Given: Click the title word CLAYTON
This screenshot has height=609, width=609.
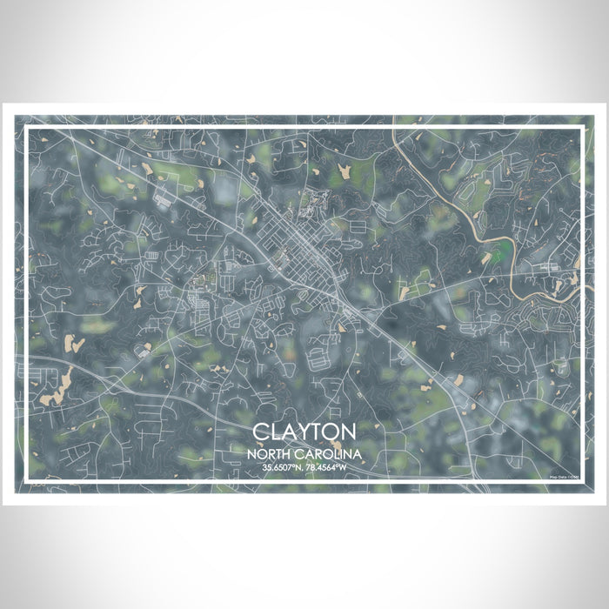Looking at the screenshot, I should pos(304,432).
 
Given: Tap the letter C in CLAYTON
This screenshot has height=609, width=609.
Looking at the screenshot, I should pos(261,432).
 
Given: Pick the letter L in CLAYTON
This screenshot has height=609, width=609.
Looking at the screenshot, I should pos(275,432).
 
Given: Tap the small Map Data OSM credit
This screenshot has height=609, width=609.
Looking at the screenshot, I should pos(565,476).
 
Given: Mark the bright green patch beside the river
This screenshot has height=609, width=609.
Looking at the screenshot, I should pos(497,255).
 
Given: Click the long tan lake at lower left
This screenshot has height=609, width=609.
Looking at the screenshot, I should pos(57,387).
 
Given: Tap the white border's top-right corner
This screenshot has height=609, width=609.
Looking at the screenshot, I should pos(581,128).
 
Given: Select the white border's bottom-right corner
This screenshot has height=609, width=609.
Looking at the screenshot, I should pos(581,480).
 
